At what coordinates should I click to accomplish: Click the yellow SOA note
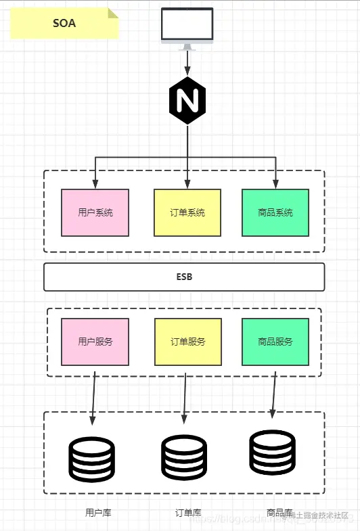(64, 23)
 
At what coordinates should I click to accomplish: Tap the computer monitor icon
(187, 27)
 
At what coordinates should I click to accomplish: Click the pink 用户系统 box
(95, 212)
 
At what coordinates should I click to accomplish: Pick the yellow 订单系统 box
(187, 212)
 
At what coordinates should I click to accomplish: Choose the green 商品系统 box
(275, 212)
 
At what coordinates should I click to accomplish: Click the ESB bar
(184, 277)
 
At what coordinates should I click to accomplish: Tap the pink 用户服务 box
(95, 342)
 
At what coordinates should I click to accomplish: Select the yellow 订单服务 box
(187, 342)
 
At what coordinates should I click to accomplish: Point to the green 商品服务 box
(275, 342)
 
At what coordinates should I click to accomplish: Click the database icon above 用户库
(92, 459)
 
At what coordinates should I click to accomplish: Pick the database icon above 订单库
(183, 458)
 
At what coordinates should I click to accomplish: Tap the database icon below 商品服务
(272, 451)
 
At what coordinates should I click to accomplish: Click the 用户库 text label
(98, 513)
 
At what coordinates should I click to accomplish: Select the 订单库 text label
(188, 513)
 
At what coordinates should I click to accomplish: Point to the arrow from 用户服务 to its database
(93, 396)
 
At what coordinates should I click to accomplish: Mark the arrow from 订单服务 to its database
(185, 396)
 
